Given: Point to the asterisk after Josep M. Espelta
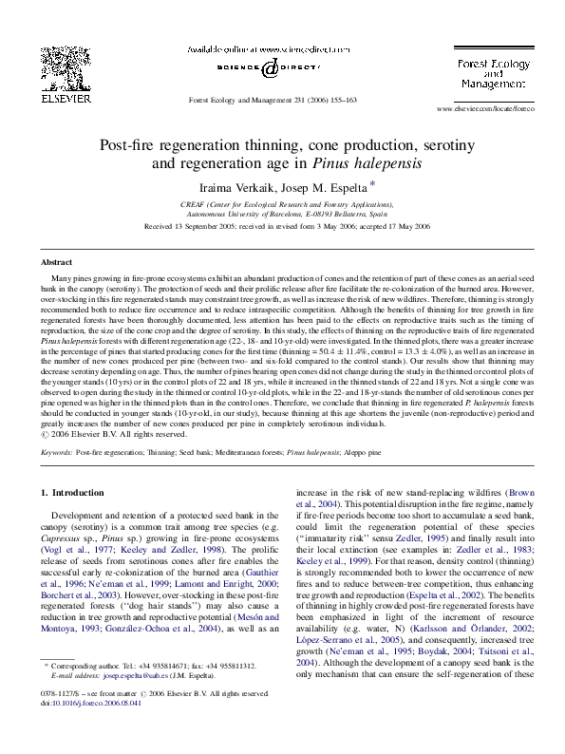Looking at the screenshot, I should coord(347,184).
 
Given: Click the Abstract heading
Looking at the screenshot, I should coord(56,261).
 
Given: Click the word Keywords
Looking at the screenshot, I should coord(56,453).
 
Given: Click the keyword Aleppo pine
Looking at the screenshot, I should coord(361,453).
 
